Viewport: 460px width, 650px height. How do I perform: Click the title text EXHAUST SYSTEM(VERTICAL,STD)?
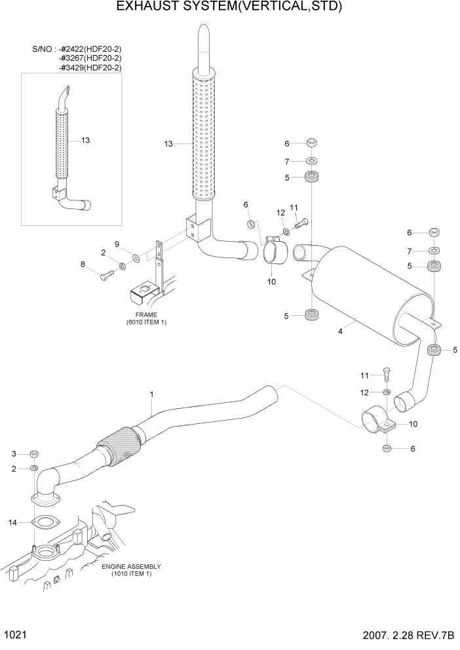229,7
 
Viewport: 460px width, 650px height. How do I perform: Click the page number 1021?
15,636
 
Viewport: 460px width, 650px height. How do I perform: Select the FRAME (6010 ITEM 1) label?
146,318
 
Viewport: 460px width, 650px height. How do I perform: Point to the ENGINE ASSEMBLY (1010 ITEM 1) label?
130,570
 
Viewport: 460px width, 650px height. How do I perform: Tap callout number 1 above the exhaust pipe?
151,394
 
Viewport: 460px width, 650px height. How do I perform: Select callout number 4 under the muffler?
340,332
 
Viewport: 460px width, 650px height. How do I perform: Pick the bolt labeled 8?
107,277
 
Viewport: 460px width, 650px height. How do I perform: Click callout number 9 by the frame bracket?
117,244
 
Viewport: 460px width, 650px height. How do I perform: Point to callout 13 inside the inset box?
85,140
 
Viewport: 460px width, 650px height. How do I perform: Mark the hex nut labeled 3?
35,453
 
